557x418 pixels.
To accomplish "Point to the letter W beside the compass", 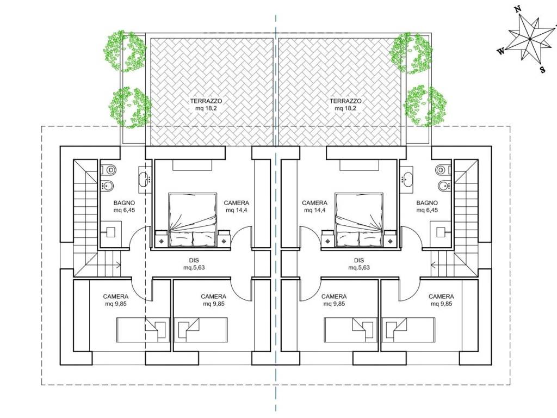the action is (x=500, y=52).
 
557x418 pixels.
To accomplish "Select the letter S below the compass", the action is (x=542, y=70).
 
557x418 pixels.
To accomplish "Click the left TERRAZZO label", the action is (x=206, y=101).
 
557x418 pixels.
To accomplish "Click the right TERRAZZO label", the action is (x=345, y=101).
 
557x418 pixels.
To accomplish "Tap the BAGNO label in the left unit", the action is (x=124, y=203).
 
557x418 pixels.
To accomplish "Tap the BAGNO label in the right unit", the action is (x=427, y=203).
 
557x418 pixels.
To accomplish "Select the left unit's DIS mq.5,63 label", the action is (x=194, y=264).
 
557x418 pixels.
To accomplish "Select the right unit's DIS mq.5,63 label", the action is (x=359, y=264).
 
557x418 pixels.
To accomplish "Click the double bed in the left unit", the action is (x=193, y=220).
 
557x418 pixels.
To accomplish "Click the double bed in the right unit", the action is (x=359, y=220).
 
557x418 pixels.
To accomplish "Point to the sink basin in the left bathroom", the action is (x=144, y=180).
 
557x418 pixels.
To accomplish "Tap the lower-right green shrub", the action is (x=425, y=106).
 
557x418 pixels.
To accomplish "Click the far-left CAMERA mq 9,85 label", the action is (x=116, y=300).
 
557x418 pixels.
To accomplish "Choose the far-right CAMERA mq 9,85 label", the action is (x=441, y=300).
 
